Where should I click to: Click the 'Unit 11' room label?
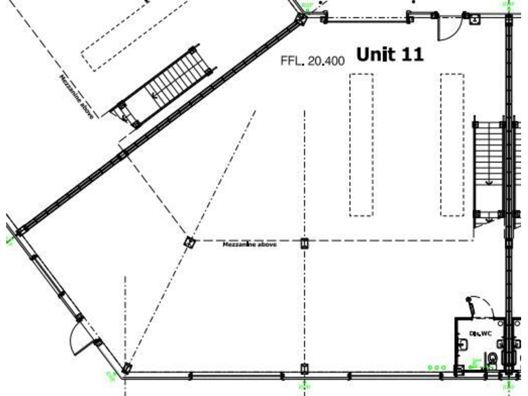(x=389, y=54)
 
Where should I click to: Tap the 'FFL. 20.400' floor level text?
(x=312, y=60)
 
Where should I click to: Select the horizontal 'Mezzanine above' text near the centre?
(x=249, y=244)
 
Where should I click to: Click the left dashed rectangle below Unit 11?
(x=362, y=144)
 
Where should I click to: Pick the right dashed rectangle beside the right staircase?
(x=452, y=144)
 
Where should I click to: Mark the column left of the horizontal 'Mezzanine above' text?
(x=190, y=241)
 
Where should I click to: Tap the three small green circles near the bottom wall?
(x=436, y=368)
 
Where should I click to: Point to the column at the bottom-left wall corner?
(x=126, y=369)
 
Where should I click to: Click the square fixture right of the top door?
(x=474, y=19)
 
